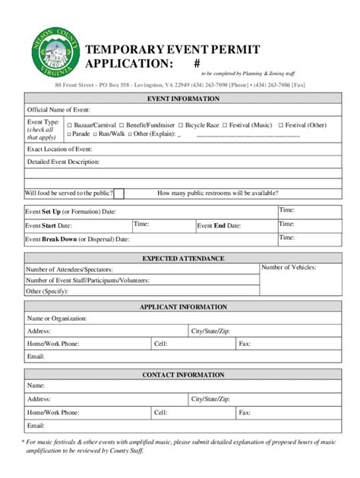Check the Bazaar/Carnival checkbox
coord(69,124)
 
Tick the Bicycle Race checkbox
coord(181,124)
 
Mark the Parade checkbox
coord(69,134)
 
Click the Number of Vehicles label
coord(289,267)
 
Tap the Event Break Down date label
coord(77,239)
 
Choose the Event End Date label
coord(219,225)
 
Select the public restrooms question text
coord(217,193)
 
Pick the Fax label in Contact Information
coord(245,413)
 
